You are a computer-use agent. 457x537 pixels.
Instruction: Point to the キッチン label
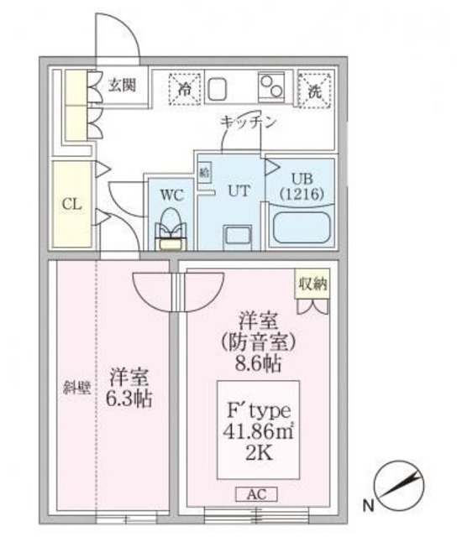pos(248,122)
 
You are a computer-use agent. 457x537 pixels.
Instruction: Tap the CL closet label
pos(71,204)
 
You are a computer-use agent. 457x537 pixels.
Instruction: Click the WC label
pos(171,195)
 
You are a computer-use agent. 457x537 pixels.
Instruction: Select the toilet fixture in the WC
pos(171,230)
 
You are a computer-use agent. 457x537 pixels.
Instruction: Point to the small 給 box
pos(204,171)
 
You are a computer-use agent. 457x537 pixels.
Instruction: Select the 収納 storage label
pos(312,284)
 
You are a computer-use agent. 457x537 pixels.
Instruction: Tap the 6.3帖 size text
pos(129,399)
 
